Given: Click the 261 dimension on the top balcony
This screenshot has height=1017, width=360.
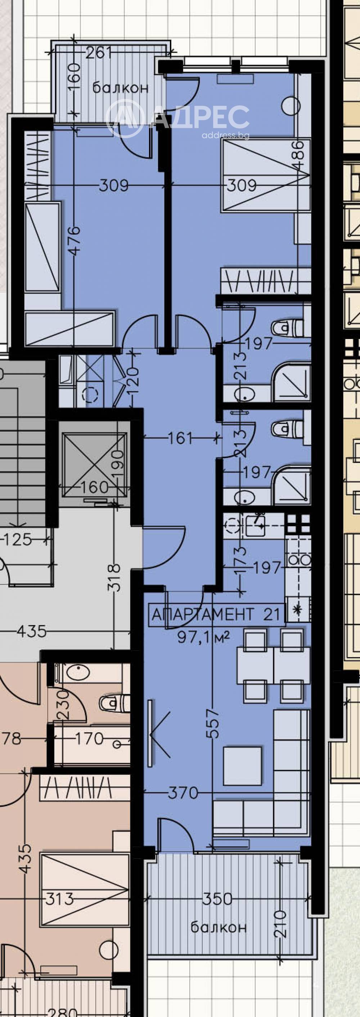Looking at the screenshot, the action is (x=99, y=53).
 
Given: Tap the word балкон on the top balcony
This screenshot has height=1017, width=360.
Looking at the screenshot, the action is (x=120, y=88).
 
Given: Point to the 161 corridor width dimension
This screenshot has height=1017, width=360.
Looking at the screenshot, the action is (x=180, y=438).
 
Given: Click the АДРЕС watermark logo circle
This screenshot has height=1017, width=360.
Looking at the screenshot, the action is (x=124, y=118).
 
